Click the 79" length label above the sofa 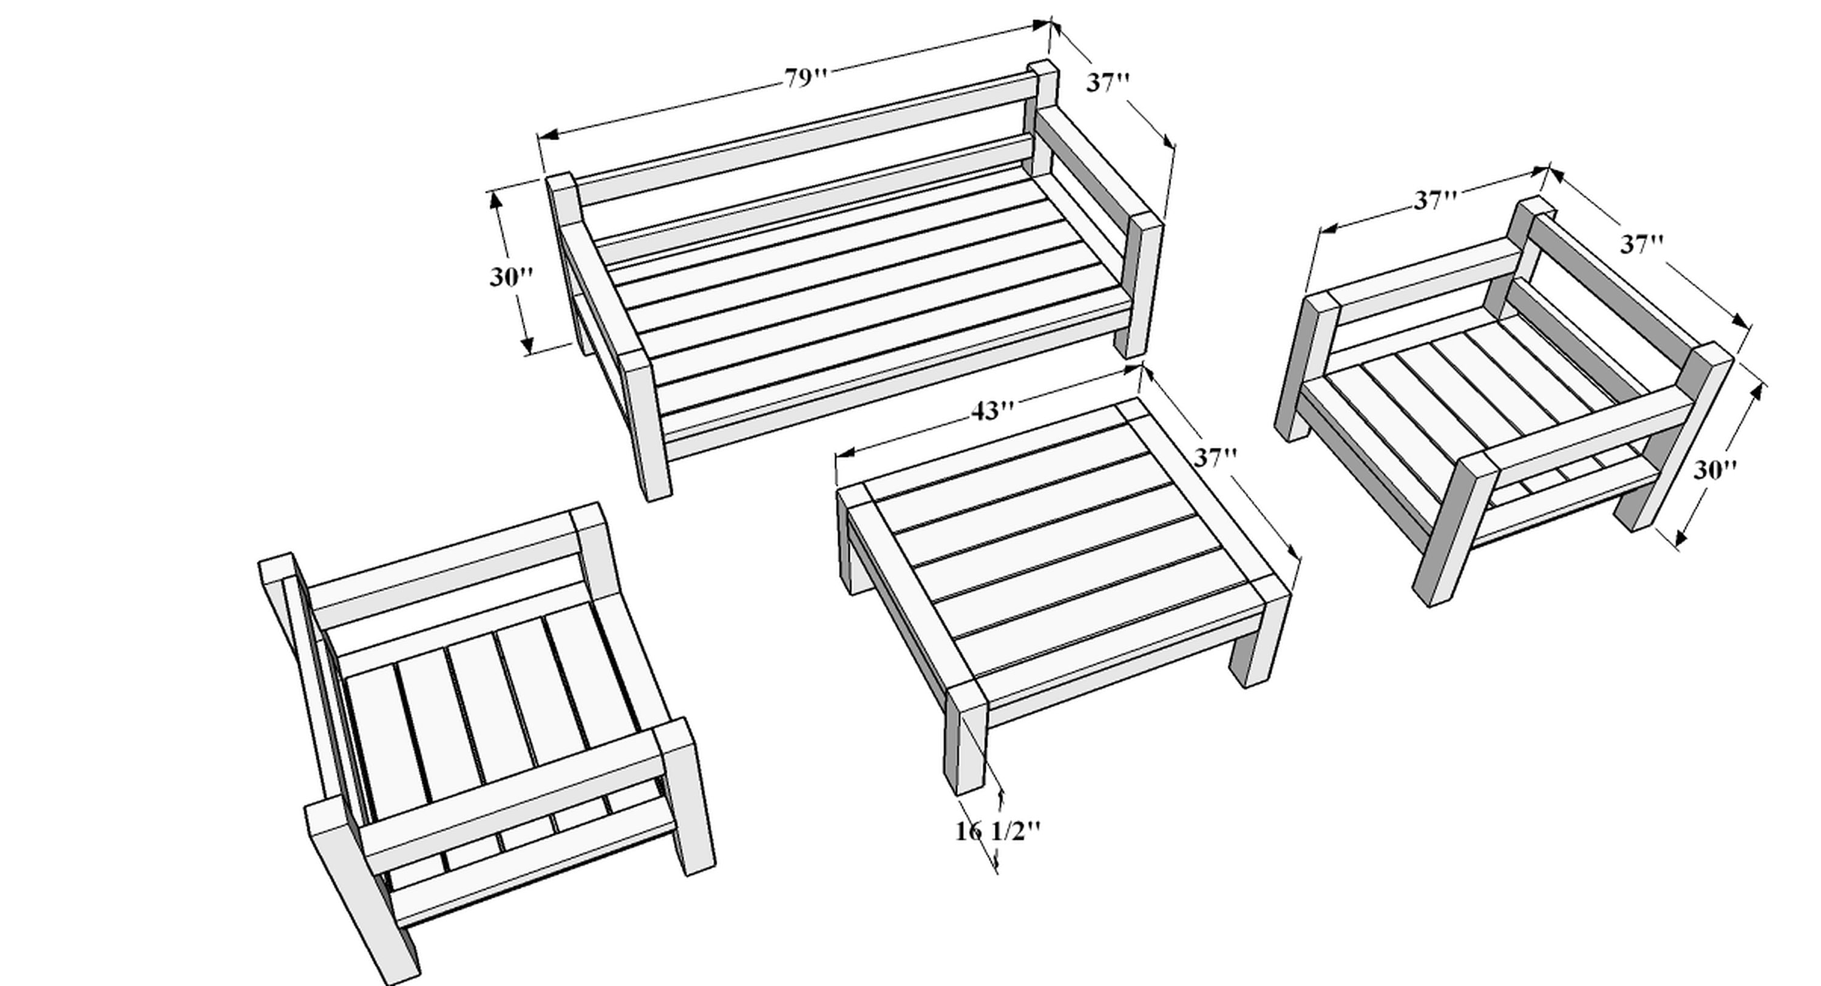click(x=805, y=78)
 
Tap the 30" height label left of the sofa click(x=510, y=277)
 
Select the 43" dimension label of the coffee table click(x=992, y=411)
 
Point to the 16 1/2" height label click(x=998, y=831)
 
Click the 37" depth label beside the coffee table click(x=1216, y=458)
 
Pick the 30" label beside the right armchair click(x=1715, y=470)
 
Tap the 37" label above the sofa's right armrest click(x=1108, y=83)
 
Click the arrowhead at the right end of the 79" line click(x=1042, y=25)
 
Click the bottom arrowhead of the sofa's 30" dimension click(x=527, y=346)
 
